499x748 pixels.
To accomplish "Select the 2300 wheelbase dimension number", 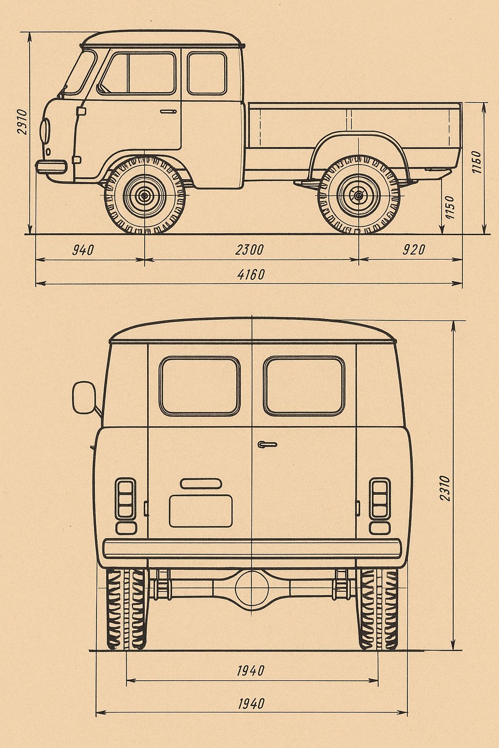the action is [249, 250].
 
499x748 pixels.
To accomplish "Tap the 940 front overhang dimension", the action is [83, 250].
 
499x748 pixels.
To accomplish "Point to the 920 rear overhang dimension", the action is [414, 250].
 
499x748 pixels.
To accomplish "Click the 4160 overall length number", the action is [250, 275].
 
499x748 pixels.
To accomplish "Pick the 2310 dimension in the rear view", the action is [445, 488].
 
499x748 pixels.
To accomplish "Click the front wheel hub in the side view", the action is [144, 195].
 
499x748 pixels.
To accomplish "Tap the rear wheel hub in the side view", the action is [359, 195].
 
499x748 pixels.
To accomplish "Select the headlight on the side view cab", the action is [44, 130].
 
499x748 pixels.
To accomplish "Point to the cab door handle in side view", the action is [168, 112].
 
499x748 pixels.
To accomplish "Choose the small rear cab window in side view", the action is [207, 73].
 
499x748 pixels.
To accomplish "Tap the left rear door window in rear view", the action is [199, 386].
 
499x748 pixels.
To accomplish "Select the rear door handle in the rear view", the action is [268, 445].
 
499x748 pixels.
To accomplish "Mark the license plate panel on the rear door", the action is [201, 511].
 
